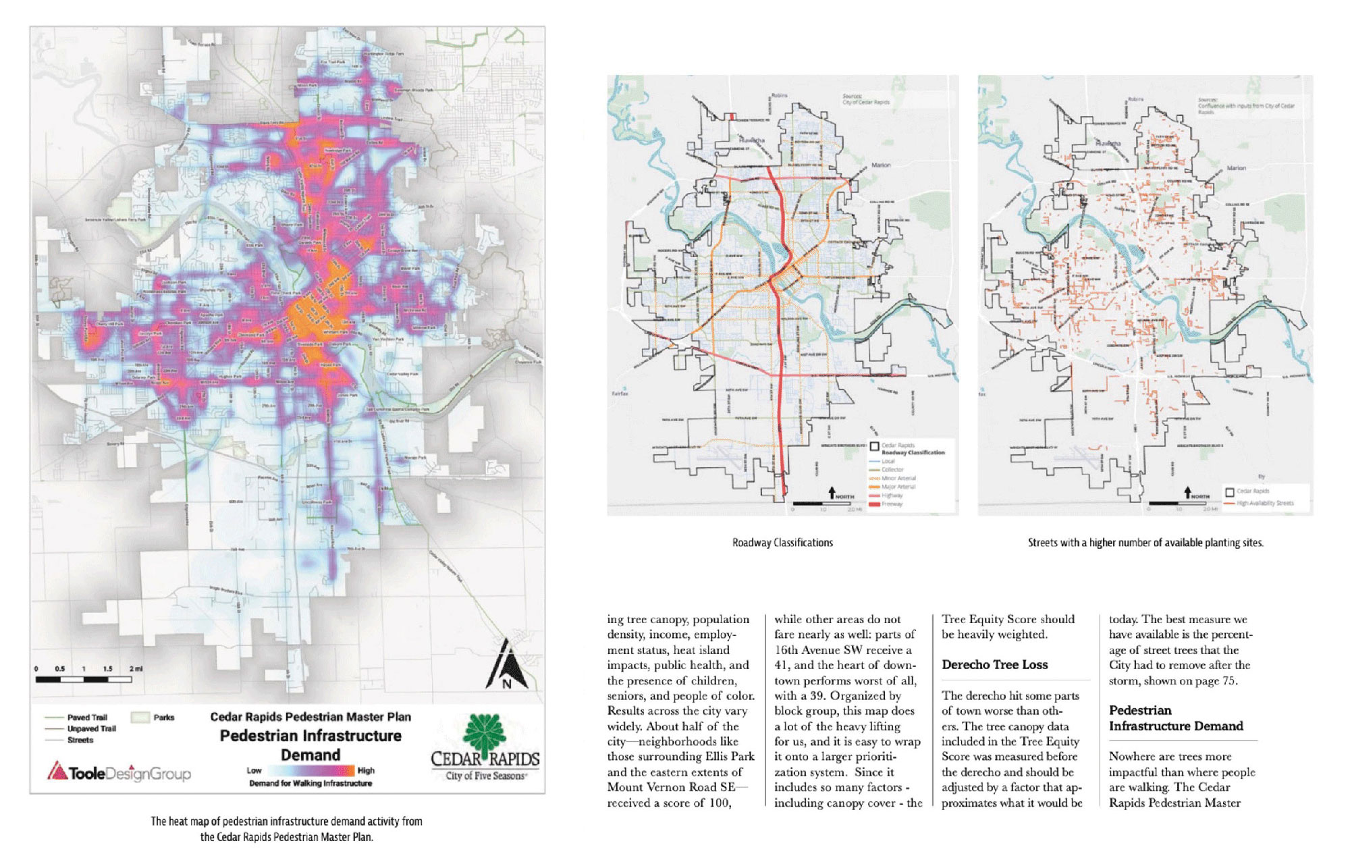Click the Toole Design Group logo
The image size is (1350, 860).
coord(119,773)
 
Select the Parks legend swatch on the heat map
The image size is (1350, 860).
coord(140,718)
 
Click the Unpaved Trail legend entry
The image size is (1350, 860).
coord(91,729)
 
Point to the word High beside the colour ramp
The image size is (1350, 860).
coord(366,770)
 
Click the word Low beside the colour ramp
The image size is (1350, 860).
coord(254,770)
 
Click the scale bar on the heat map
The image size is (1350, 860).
coord(84,679)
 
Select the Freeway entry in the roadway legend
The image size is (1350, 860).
coord(891,504)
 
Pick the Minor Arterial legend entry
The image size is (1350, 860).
coord(898,478)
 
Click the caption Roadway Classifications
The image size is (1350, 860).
coord(782,543)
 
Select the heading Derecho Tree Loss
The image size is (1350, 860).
coord(994,665)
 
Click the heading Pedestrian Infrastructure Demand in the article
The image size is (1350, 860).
coord(1175,718)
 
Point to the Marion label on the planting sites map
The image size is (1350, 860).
coord(1236,167)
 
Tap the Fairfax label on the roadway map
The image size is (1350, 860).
coord(620,393)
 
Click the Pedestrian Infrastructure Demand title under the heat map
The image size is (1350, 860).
coord(310,745)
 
